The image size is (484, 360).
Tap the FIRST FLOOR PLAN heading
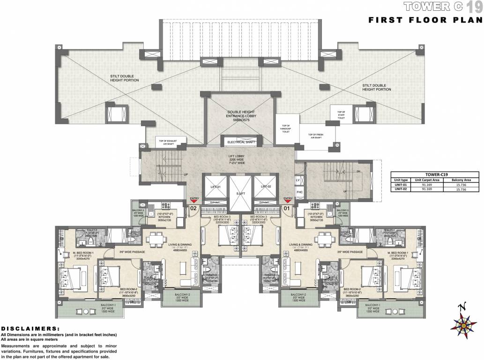coord(425,20)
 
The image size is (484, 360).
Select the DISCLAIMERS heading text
coord(30,329)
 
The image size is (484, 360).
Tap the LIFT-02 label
coord(266,187)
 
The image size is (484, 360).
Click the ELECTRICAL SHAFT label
coord(240,142)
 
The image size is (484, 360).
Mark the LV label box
coord(298,180)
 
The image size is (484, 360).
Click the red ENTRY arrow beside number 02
coord(192,201)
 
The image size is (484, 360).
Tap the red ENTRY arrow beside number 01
coord(288,201)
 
